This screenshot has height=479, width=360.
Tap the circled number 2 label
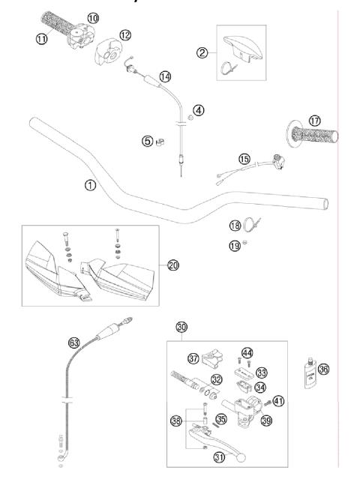click(x=202, y=52)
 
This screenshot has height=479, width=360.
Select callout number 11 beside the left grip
click(x=40, y=38)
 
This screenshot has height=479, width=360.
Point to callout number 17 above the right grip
click(x=313, y=121)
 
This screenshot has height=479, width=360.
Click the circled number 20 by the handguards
click(x=172, y=265)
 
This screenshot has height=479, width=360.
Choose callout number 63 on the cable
click(x=73, y=342)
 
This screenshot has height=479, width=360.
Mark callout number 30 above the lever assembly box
click(x=181, y=327)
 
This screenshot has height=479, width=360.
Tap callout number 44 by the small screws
click(x=247, y=352)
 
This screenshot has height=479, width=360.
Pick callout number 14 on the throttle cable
click(x=165, y=76)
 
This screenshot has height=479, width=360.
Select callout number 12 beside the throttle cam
click(x=124, y=34)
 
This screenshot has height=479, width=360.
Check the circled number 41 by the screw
click(x=278, y=401)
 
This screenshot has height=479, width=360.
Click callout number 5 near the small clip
click(x=148, y=140)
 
